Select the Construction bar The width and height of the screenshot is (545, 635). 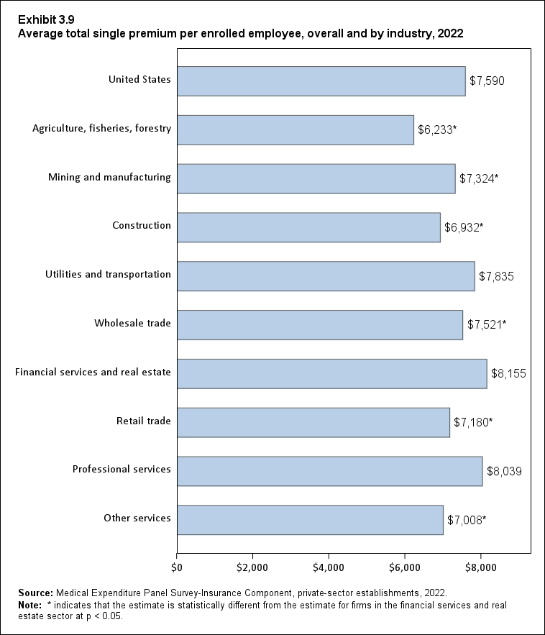[308, 227]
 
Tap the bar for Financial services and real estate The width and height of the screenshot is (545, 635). [331, 373]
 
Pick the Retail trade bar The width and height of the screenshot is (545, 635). [313, 422]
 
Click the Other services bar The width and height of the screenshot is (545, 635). [310, 520]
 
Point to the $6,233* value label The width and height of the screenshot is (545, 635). [437, 130]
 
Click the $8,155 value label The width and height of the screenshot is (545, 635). [508, 374]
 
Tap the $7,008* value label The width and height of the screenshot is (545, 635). [467, 520]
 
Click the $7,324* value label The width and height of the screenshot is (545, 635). [478, 179]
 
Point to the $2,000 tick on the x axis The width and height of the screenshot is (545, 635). [252, 567]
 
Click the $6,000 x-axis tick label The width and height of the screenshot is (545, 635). [405, 567]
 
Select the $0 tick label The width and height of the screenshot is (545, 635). [177, 567]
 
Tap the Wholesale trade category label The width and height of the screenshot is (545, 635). [132, 323]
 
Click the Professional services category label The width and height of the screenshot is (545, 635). [122, 469]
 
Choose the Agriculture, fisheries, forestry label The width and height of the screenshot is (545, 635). [101, 128]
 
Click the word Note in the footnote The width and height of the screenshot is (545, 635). [30, 605]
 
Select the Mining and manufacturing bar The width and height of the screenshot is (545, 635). [316, 178]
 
